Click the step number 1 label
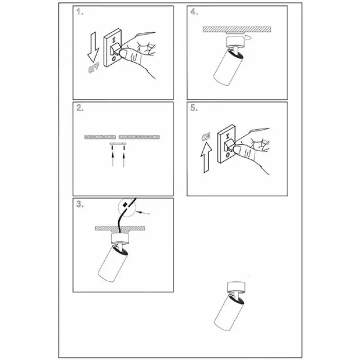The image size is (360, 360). pyautogui.click(x=80, y=12)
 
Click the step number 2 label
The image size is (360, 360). pyautogui.click(x=80, y=107)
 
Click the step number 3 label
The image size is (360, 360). pyautogui.click(x=80, y=204)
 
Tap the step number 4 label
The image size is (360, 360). pyautogui.click(x=194, y=12)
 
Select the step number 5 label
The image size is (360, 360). pyautogui.click(x=194, y=107)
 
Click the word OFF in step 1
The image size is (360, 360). pyautogui.click(x=94, y=68)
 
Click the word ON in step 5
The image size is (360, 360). pyautogui.click(x=206, y=137)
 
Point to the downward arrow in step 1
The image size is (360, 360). pyautogui.click(x=93, y=47)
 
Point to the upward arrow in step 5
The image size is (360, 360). pyautogui.click(x=206, y=157)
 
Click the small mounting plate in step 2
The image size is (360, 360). pyautogui.click(x=118, y=143)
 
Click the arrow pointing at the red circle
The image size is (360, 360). pyautogui.click(x=143, y=213)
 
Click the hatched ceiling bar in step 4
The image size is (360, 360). pyautogui.click(x=237, y=29)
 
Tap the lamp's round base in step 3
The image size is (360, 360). pyautogui.click(x=120, y=239)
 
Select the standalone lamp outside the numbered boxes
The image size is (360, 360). pyautogui.click(x=230, y=307)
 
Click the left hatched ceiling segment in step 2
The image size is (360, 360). pyautogui.click(x=100, y=137)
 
